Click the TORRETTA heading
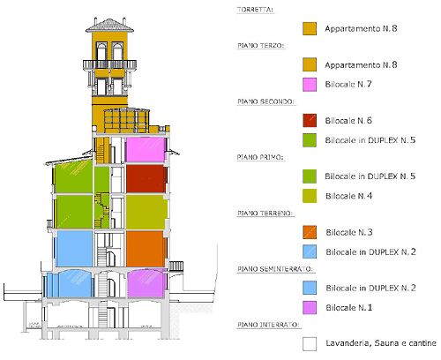point(255,10)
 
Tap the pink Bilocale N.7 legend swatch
point(310,85)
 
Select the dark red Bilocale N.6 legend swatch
point(310,121)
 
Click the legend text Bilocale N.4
point(348,196)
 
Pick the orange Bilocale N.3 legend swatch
point(310,232)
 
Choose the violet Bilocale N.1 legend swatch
point(310,308)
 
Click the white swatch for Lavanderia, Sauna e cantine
point(310,344)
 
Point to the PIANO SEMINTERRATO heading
point(275,269)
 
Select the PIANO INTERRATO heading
point(268,325)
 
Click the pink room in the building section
point(146,150)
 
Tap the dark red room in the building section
point(146,179)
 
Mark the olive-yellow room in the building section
point(146,212)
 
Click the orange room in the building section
point(146,249)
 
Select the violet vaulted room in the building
point(146,284)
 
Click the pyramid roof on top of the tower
point(109,26)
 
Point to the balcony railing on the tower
point(109,64)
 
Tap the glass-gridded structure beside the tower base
point(127,120)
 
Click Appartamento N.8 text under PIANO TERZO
point(361,64)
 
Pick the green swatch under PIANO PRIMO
point(310,176)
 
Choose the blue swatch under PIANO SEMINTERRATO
point(310,288)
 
